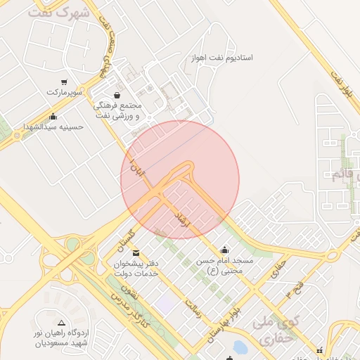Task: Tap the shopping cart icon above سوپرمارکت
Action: click(65, 82)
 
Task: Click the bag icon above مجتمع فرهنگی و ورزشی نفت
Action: click(116, 95)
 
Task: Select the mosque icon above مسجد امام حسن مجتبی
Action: click(224, 249)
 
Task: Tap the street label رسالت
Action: click(193, 307)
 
